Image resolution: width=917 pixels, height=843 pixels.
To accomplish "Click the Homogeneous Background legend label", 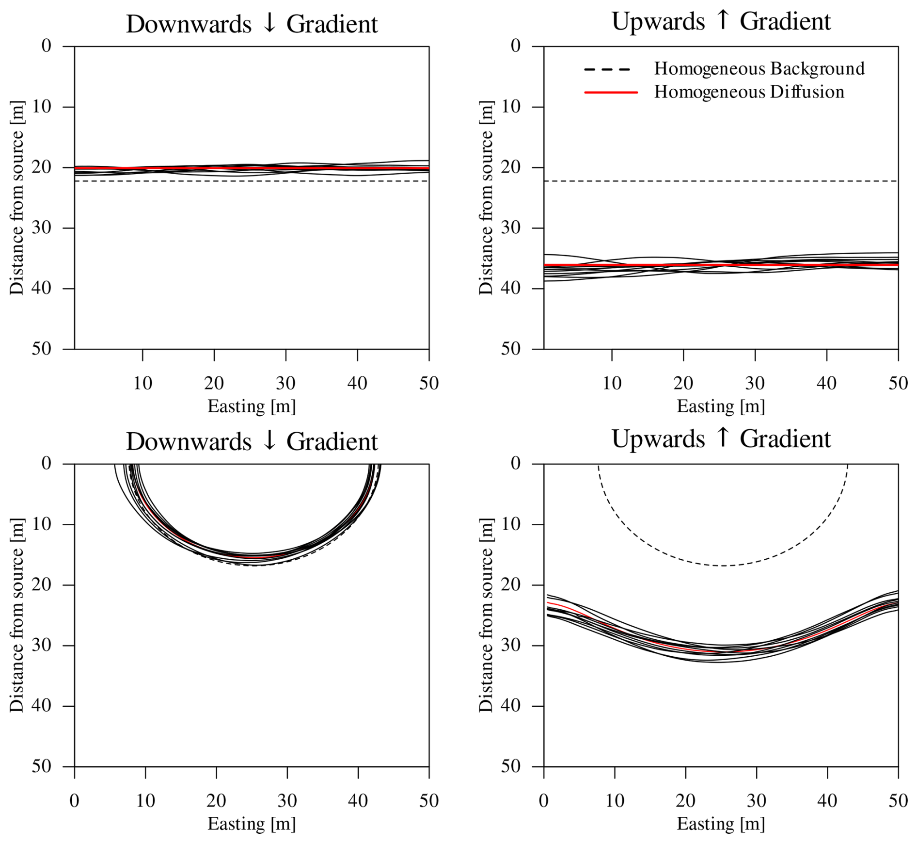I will click(759, 69).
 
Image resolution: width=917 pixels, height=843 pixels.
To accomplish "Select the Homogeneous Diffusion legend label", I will click(749, 92).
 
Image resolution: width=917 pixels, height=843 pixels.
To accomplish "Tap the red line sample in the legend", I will click(611, 92).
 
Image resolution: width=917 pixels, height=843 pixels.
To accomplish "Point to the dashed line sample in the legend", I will click(607, 69).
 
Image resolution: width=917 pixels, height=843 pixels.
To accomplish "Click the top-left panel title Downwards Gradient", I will click(252, 24).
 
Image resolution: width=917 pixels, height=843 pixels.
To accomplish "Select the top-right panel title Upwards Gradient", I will click(721, 22).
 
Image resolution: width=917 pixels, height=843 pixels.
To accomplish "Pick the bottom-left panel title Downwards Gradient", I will click(252, 442).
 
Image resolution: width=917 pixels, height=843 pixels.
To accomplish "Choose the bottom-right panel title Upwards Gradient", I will click(721, 439).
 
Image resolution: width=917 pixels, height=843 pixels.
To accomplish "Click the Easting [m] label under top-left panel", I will click(252, 406).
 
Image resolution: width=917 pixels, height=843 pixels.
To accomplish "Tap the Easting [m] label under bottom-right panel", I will click(721, 824).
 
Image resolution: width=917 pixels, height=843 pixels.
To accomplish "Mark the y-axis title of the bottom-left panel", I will click(17, 615).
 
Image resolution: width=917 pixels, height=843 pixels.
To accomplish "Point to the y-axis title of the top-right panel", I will click(486, 198).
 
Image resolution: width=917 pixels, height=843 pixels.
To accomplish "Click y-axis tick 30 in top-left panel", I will click(42, 227).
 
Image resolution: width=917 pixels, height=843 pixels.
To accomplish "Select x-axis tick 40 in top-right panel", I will click(826, 384).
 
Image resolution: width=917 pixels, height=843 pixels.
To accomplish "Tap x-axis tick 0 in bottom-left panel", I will click(74, 801).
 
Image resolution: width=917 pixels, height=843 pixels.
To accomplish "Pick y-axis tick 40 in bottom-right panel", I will click(511, 706).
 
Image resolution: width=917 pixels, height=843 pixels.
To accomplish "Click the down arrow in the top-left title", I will click(269, 24).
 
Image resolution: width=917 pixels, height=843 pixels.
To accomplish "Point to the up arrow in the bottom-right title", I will click(722, 438).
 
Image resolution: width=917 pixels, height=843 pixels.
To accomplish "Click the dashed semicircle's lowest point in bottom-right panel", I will click(723, 566).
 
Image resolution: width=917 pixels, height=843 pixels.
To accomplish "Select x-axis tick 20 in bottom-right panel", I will click(685, 801).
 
